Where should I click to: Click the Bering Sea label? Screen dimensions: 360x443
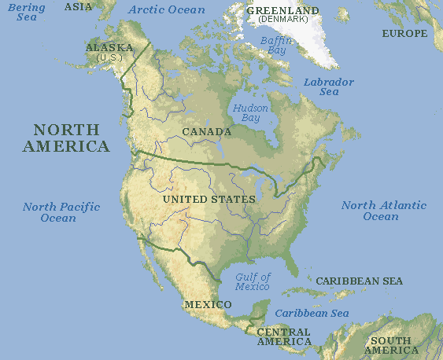click(25, 12)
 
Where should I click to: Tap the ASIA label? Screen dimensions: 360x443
click(78, 6)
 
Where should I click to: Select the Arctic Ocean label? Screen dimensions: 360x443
click(166, 10)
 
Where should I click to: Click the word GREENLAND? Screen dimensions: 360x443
click(282, 10)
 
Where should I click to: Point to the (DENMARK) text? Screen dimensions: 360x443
click(282, 19)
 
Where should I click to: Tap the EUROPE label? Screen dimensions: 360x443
click(404, 34)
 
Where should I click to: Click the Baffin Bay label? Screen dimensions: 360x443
click(276, 44)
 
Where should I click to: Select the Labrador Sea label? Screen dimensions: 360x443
click(329, 86)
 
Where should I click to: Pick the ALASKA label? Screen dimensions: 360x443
click(109, 48)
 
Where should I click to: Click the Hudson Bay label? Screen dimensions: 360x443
click(250, 112)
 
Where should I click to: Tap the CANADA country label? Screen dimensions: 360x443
click(206, 131)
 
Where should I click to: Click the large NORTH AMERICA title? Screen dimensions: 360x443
click(66, 138)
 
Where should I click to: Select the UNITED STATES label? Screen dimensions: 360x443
click(209, 199)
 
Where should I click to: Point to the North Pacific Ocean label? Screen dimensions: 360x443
click(61, 212)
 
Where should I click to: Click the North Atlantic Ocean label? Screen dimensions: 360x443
click(383, 211)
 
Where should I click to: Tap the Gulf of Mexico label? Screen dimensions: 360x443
click(253, 281)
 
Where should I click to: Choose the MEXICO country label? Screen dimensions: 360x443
click(208, 304)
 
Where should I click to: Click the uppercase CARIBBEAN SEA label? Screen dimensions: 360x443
click(359, 281)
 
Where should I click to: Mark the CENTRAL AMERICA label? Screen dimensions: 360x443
click(284, 336)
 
